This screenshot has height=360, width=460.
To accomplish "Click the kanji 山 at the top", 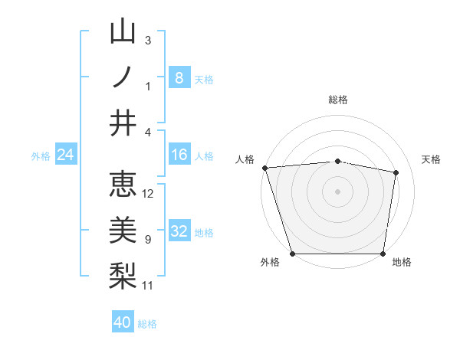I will click(x=123, y=32).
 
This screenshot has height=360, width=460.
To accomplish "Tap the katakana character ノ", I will click(x=123, y=77).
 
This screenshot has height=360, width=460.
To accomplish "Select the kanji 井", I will click(x=123, y=123).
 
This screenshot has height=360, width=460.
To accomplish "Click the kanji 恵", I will click(x=123, y=185).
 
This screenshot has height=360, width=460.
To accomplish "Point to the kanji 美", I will click(x=123, y=230).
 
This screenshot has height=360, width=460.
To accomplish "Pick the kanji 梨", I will click(x=123, y=275).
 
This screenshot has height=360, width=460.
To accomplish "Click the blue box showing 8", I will click(x=179, y=77).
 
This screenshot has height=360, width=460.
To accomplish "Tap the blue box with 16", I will click(x=179, y=155).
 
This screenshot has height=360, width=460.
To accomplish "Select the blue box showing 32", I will click(x=179, y=231).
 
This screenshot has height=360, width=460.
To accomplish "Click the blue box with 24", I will click(x=66, y=155).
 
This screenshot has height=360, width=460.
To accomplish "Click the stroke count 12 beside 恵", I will click(x=148, y=194).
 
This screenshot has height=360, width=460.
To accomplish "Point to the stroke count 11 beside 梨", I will click(x=148, y=286).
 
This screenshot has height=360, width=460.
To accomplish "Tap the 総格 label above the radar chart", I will click(x=338, y=100).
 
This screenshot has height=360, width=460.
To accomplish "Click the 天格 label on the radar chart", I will click(x=431, y=159).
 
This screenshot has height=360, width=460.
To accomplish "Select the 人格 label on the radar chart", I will click(x=245, y=159).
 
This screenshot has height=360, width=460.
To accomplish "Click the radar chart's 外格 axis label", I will click(x=270, y=263).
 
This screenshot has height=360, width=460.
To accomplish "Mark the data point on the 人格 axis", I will click(x=264, y=167).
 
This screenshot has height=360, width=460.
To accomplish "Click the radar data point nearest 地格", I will click(x=383, y=254).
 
